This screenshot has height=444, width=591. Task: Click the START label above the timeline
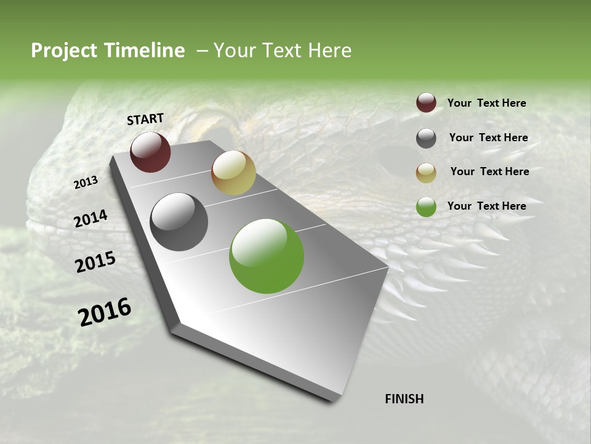coord(145,119)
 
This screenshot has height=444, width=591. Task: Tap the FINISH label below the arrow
coord(404,399)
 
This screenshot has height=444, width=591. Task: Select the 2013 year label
coord(86,182)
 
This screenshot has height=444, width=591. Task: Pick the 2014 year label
coord(91,219)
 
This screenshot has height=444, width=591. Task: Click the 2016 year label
coord(105,312)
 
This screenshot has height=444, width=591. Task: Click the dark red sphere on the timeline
coord(150,152)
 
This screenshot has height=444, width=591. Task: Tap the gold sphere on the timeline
coord(233,173)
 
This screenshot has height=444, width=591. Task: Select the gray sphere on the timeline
coord(179,222)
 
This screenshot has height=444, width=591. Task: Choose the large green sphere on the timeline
coord(267,256)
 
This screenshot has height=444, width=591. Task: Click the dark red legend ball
coord(426,103)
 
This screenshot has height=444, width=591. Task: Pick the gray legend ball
coord(426,138)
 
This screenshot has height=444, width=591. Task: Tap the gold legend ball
coord(426,172)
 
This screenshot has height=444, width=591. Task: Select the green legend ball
coord(426,207)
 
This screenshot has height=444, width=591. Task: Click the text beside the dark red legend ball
coord(486,103)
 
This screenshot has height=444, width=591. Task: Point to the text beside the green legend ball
coord(486,206)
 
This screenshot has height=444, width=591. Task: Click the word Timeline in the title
coord(142,51)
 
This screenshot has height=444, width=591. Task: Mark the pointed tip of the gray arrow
coord(332,400)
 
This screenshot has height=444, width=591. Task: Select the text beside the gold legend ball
coord(489,171)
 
